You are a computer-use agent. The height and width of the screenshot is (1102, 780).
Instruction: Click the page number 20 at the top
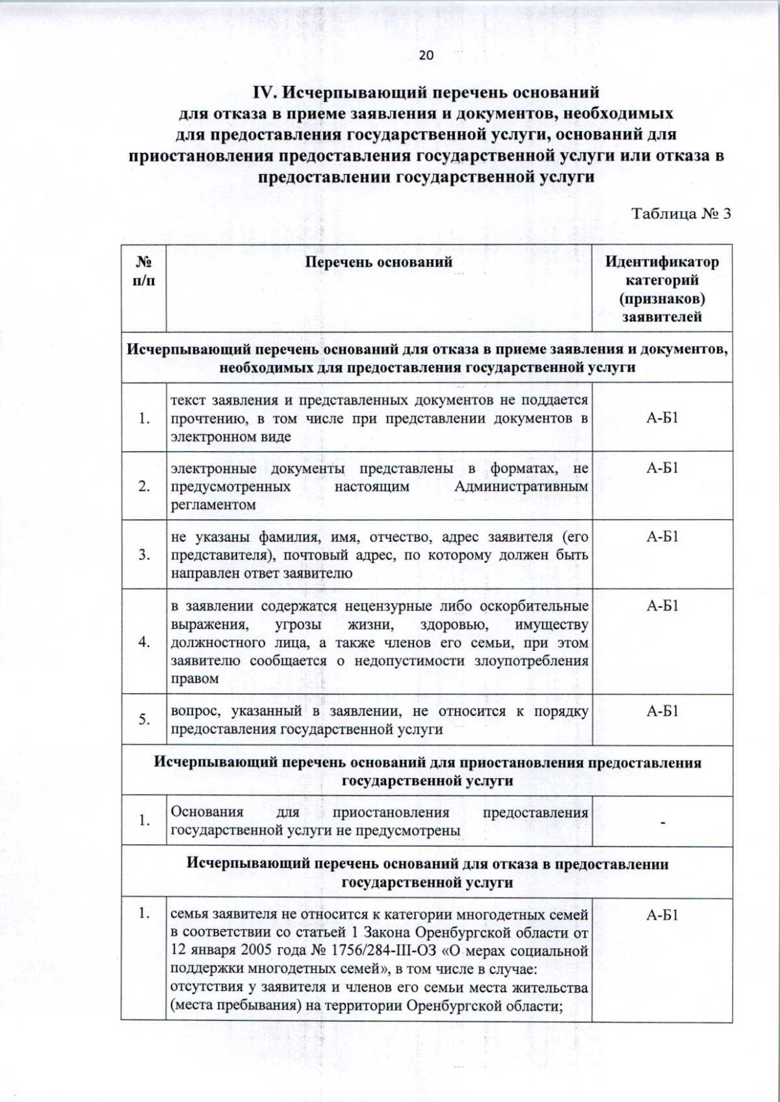426,55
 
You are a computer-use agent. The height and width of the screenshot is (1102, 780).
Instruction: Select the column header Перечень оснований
378,262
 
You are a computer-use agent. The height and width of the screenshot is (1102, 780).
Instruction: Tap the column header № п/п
144,271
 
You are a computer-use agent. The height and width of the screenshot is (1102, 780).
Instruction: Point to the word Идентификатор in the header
662,262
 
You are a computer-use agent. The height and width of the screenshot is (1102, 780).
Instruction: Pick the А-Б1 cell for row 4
662,607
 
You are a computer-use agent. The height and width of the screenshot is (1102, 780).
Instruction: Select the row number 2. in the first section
144,486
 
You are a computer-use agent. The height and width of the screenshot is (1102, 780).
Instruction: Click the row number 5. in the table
144,720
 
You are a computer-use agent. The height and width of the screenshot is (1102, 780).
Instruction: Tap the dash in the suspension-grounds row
662,823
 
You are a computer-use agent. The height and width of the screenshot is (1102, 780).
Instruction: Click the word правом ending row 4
194,679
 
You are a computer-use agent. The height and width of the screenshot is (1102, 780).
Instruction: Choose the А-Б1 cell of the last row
662,915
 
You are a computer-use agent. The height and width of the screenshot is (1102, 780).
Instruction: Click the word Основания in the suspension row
207,812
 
